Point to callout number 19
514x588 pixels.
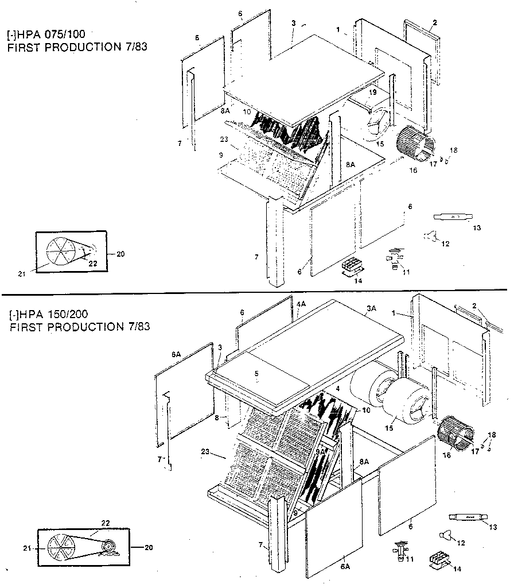[372, 92]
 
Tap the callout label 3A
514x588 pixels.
[371, 308]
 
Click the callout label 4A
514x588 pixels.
[301, 304]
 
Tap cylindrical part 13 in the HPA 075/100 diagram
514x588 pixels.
[451, 216]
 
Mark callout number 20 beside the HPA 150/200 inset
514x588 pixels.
[149, 547]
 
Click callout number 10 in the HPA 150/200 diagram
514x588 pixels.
[366, 410]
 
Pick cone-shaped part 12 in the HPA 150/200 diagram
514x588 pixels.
[444, 536]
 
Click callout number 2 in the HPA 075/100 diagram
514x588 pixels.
[435, 22]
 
